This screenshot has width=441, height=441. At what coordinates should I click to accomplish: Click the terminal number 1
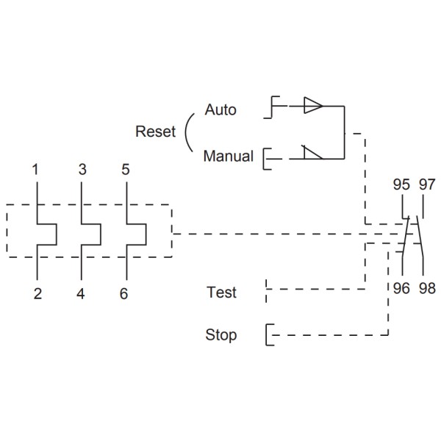click(x=35, y=170)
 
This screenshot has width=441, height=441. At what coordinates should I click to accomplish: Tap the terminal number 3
click(x=82, y=170)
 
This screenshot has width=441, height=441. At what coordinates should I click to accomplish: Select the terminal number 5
click(x=125, y=170)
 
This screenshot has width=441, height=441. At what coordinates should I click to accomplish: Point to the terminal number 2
click(x=37, y=294)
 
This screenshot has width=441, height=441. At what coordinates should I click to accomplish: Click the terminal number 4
click(x=81, y=294)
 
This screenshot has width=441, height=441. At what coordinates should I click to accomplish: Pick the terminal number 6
click(x=123, y=294)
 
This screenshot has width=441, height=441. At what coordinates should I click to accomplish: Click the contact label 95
click(x=401, y=184)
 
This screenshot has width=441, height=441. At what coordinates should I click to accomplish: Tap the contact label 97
click(x=427, y=184)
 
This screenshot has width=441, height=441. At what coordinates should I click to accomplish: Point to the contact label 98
click(x=427, y=289)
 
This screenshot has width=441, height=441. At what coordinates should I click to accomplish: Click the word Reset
click(x=156, y=132)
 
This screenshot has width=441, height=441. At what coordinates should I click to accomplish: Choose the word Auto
click(x=220, y=110)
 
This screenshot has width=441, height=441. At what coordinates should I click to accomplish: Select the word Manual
click(x=228, y=157)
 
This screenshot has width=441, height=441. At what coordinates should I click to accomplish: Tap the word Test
click(x=221, y=293)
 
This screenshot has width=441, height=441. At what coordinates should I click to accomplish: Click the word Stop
click(x=220, y=335)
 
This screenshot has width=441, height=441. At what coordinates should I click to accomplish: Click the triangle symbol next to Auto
click(x=313, y=106)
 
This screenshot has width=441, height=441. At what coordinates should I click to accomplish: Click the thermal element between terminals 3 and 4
click(x=92, y=234)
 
